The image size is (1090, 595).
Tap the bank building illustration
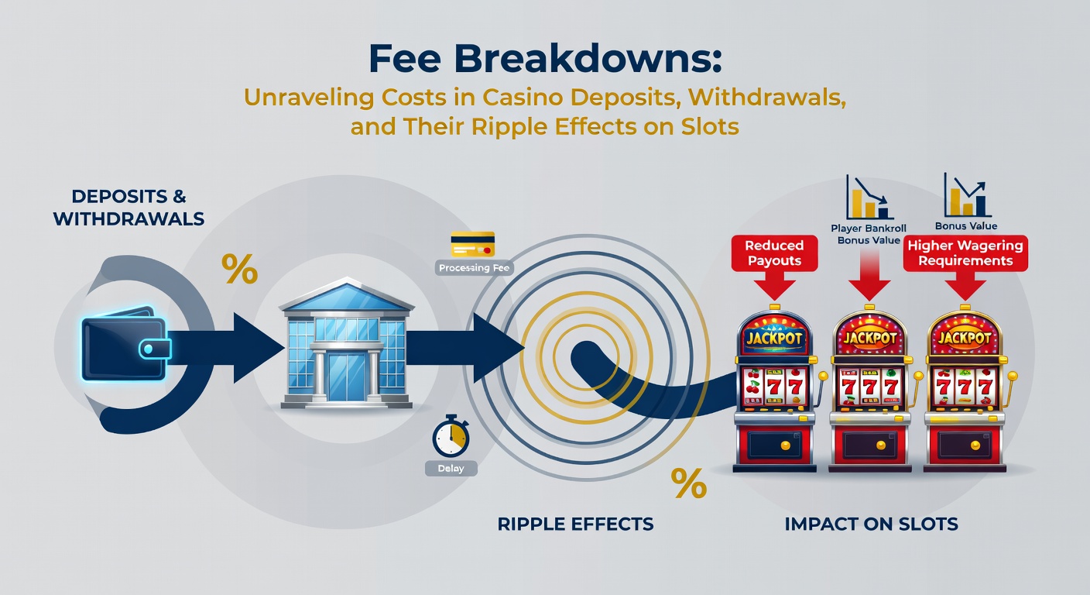[x=347, y=343]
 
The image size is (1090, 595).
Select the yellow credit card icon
[x=472, y=244]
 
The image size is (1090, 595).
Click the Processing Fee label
[x=474, y=268]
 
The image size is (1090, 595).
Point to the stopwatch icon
[x=451, y=435]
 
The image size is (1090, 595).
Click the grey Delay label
[x=451, y=469]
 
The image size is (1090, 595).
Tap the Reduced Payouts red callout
[x=774, y=253]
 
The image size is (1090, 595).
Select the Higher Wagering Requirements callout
[x=965, y=253]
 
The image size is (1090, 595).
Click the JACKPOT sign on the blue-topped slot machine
[x=774, y=338]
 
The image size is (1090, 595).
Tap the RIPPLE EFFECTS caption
[x=575, y=524]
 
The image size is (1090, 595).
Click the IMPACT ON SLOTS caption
[x=872, y=524]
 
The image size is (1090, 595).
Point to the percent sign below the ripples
[x=688, y=483]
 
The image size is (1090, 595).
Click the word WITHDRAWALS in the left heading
[x=129, y=219]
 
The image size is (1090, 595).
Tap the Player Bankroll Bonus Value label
[x=869, y=234]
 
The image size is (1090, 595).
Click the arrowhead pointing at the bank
[x=259, y=348]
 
